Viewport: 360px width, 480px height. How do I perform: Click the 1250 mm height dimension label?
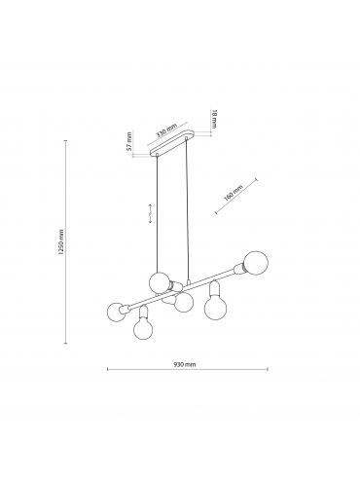[x=61, y=241]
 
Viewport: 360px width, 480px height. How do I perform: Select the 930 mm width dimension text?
[x=185, y=364]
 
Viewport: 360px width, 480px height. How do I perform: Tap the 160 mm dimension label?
[x=234, y=193]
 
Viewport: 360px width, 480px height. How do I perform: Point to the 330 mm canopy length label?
[x=166, y=130]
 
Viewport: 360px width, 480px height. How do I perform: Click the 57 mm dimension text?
[x=129, y=141]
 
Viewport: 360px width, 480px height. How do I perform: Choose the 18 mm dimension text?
[x=214, y=119]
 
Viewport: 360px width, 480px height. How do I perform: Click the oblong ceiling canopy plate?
[x=171, y=142]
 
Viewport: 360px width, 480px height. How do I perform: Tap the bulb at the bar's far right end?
[x=256, y=263]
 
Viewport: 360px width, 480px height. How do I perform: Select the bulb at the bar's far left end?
[x=116, y=312]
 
